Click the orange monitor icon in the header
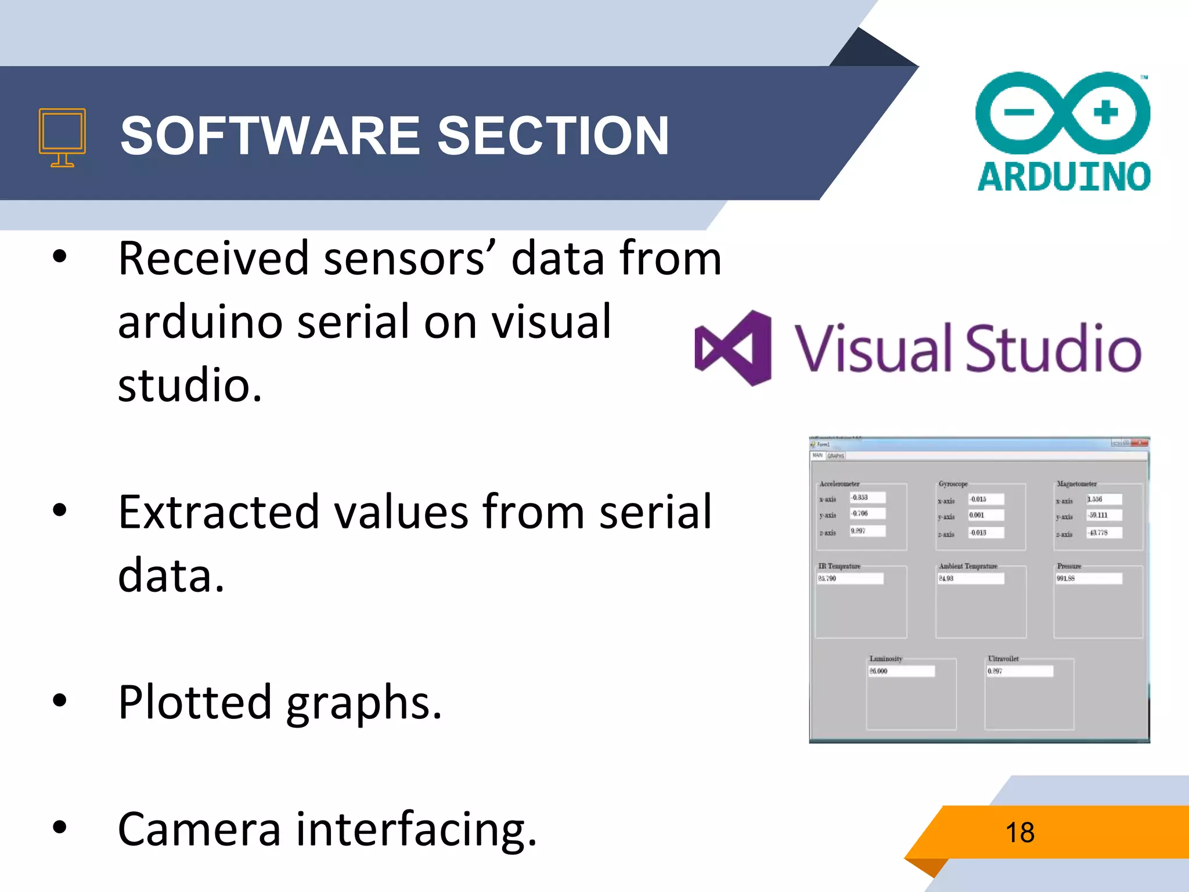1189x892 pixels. pyautogui.click(x=62, y=137)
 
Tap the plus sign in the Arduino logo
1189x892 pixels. pyautogui.click(x=1105, y=112)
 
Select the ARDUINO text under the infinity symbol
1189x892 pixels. pyautogui.click(x=1064, y=177)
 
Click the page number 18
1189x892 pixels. pyautogui.click(x=1019, y=832)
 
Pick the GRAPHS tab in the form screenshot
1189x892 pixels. pyautogui.click(x=836, y=456)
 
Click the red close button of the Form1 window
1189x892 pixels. pyautogui.click(x=1140, y=443)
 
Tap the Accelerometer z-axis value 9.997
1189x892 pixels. pyautogui.click(x=867, y=531)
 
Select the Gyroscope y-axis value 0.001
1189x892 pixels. pyautogui.click(x=985, y=515)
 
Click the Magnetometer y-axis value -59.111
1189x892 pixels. pyautogui.click(x=1104, y=515)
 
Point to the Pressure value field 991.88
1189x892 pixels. pyautogui.click(x=1089, y=578)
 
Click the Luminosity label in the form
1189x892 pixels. pyautogui.click(x=885, y=659)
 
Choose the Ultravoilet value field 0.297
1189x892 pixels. pyautogui.click(x=1019, y=671)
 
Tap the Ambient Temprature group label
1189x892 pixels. pyautogui.click(x=968, y=566)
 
